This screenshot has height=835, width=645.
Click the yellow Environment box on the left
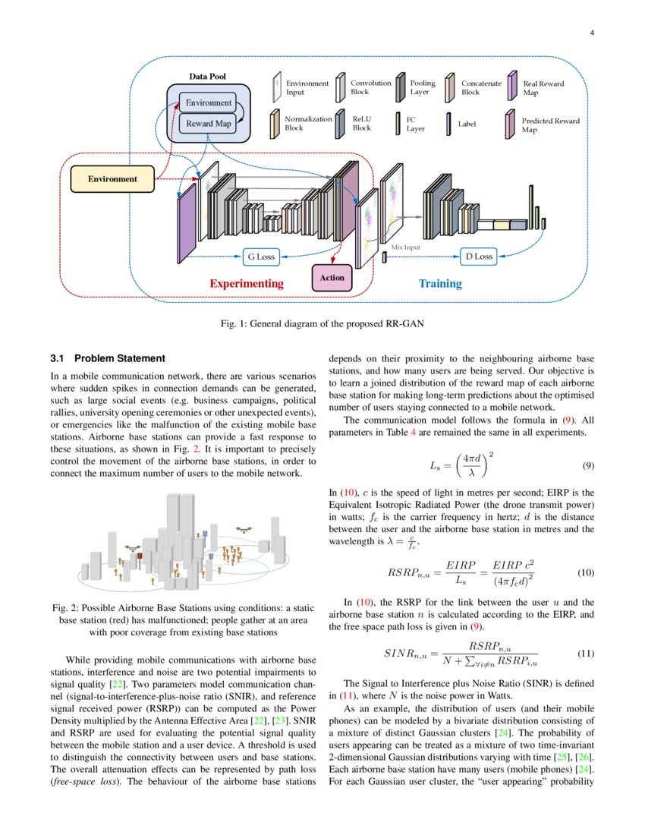(x=112, y=179)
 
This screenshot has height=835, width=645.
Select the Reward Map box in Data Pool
(x=208, y=124)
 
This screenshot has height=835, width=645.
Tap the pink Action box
(x=332, y=278)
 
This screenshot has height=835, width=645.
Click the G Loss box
(x=260, y=257)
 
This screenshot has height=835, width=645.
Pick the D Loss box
(x=478, y=257)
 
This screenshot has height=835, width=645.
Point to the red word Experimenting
(x=246, y=283)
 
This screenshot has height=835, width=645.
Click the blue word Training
(x=440, y=283)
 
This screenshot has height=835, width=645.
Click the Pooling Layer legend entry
(x=422, y=87)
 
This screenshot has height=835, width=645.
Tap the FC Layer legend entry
(x=415, y=124)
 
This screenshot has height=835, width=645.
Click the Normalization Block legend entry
(x=307, y=124)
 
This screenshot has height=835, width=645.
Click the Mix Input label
(x=405, y=247)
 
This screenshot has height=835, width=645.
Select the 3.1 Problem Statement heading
(x=107, y=358)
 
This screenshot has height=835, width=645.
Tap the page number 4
(x=592, y=33)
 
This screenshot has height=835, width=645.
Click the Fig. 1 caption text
(x=322, y=324)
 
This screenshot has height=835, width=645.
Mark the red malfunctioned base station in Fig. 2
(x=139, y=558)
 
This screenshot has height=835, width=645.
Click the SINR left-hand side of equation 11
(x=408, y=653)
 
